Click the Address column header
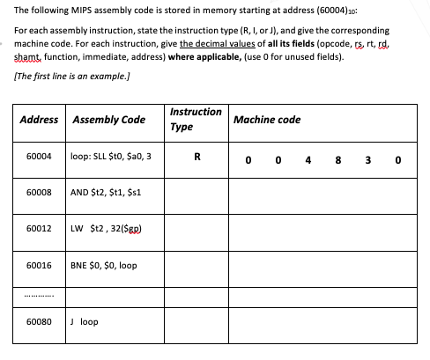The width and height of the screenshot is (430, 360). click(x=39, y=120)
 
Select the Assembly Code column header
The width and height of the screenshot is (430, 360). click(x=108, y=120)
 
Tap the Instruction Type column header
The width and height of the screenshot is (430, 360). click(x=195, y=119)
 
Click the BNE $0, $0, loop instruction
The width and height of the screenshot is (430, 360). click(x=103, y=264)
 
